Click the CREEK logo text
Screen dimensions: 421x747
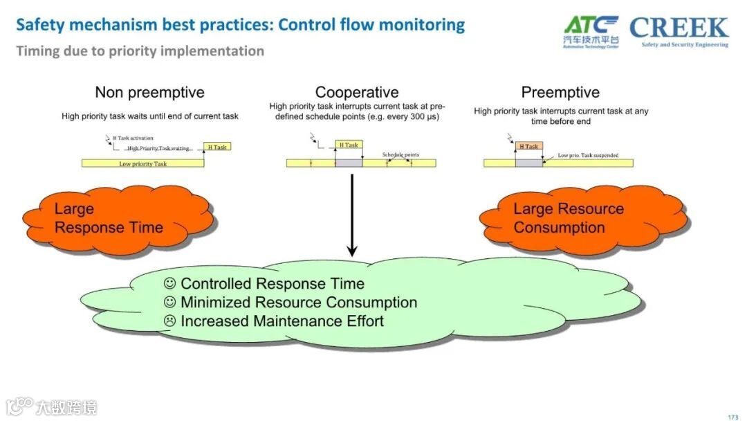coord(679,28)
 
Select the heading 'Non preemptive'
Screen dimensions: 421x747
coord(149,92)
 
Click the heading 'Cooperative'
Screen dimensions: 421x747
coord(357,92)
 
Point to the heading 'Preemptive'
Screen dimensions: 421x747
coord(560,92)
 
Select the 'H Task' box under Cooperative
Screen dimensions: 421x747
coord(348,145)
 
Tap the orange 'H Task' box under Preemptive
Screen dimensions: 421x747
coord(529,146)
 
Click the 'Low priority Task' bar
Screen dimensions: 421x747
coord(142,163)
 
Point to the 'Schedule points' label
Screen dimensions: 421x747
coord(400,154)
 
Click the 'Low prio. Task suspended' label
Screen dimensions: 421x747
coord(588,155)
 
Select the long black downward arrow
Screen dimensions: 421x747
coord(351,215)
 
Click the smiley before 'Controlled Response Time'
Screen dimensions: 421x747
coord(170,283)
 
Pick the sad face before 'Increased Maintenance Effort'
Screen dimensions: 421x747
coord(170,321)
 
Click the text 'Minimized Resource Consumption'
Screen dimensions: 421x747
coord(299,303)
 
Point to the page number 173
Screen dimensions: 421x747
coord(733,417)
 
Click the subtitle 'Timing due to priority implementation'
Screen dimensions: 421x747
coord(140,51)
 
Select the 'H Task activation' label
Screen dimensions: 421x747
coord(133,138)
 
